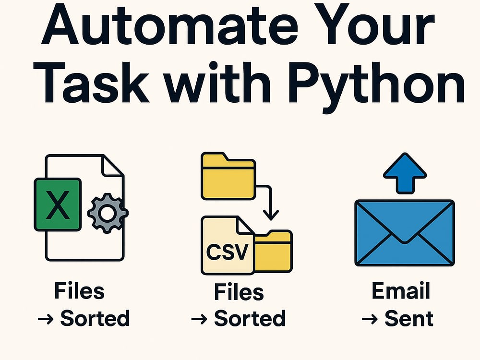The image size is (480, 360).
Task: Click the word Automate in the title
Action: (169, 24)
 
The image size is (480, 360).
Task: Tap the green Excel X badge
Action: (58, 204)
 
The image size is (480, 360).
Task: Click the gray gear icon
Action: (108, 213)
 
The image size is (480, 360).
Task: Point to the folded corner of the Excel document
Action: (113, 166)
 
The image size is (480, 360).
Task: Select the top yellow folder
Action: (228, 176)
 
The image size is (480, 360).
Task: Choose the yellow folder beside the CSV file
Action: (273, 252)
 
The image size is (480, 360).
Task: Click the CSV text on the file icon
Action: (227, 252)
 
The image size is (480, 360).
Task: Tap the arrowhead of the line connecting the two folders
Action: (271, 215)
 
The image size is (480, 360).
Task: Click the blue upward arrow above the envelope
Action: (405, 173)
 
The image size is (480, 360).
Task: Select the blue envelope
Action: (404, 233)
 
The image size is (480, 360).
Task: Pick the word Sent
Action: (408, 319)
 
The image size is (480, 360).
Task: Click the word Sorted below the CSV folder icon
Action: (250, 318)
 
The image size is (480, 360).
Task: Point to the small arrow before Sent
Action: (370, 320)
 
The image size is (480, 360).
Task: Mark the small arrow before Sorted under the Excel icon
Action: (46, 320)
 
